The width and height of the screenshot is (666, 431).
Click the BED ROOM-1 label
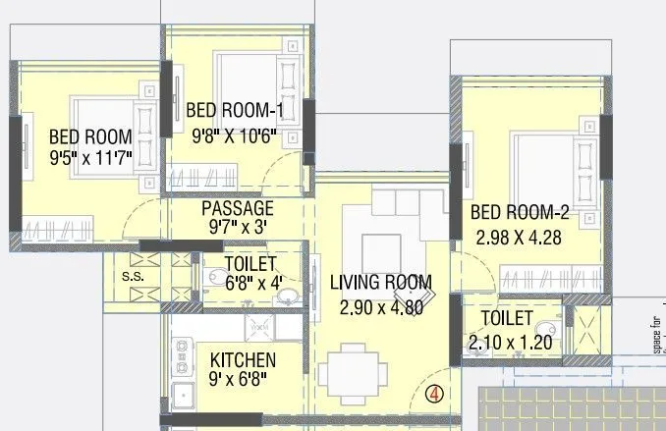(x=235, y=109)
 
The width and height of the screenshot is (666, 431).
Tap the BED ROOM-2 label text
(x=520, y=213)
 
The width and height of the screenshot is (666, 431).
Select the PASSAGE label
(x=237, y=208)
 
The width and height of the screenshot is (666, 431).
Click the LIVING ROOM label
(x=381, y=283)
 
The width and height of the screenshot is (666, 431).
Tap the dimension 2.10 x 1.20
(x=508, y=344)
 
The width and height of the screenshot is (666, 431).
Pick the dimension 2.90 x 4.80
(x=381, y=306)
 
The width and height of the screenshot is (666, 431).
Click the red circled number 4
(x=435, y=395)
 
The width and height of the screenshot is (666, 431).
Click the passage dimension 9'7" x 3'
(x=237, y=227)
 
